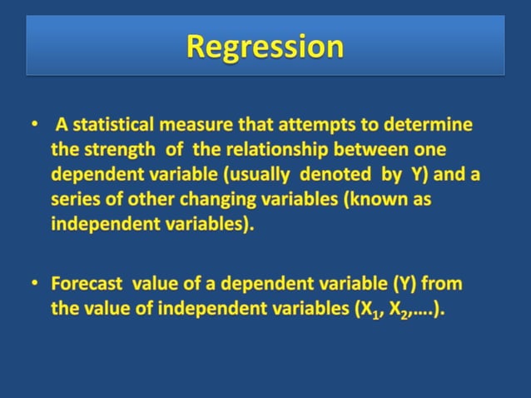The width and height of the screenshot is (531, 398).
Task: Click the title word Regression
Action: tap(265, 46)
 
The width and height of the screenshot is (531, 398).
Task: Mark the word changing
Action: tap(213, 201)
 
